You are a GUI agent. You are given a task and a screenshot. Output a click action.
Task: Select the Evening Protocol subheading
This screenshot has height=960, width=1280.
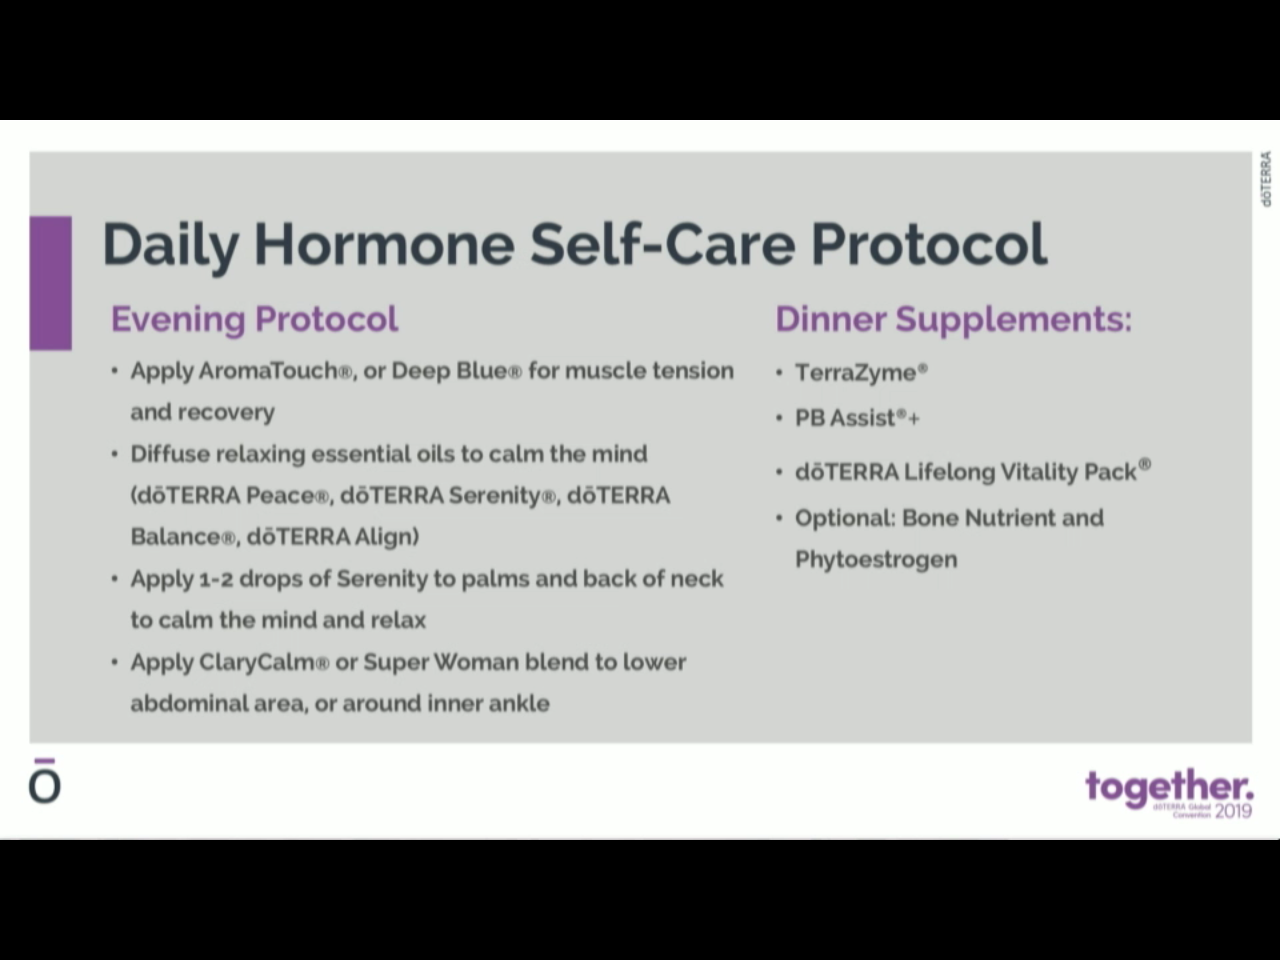(x=254, y=319)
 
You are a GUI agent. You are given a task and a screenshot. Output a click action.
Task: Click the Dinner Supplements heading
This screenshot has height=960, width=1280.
(x=953, y=319)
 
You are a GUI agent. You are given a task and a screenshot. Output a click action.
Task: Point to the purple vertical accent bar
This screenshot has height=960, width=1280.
(x=51, y=282)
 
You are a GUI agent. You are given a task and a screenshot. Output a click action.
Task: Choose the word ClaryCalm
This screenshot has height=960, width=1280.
(x=263, y=662)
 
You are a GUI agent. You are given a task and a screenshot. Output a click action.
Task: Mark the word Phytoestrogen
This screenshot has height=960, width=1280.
(x=876, y=559)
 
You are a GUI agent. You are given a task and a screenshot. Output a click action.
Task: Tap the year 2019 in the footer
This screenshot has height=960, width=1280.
(x=1234, y=811)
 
